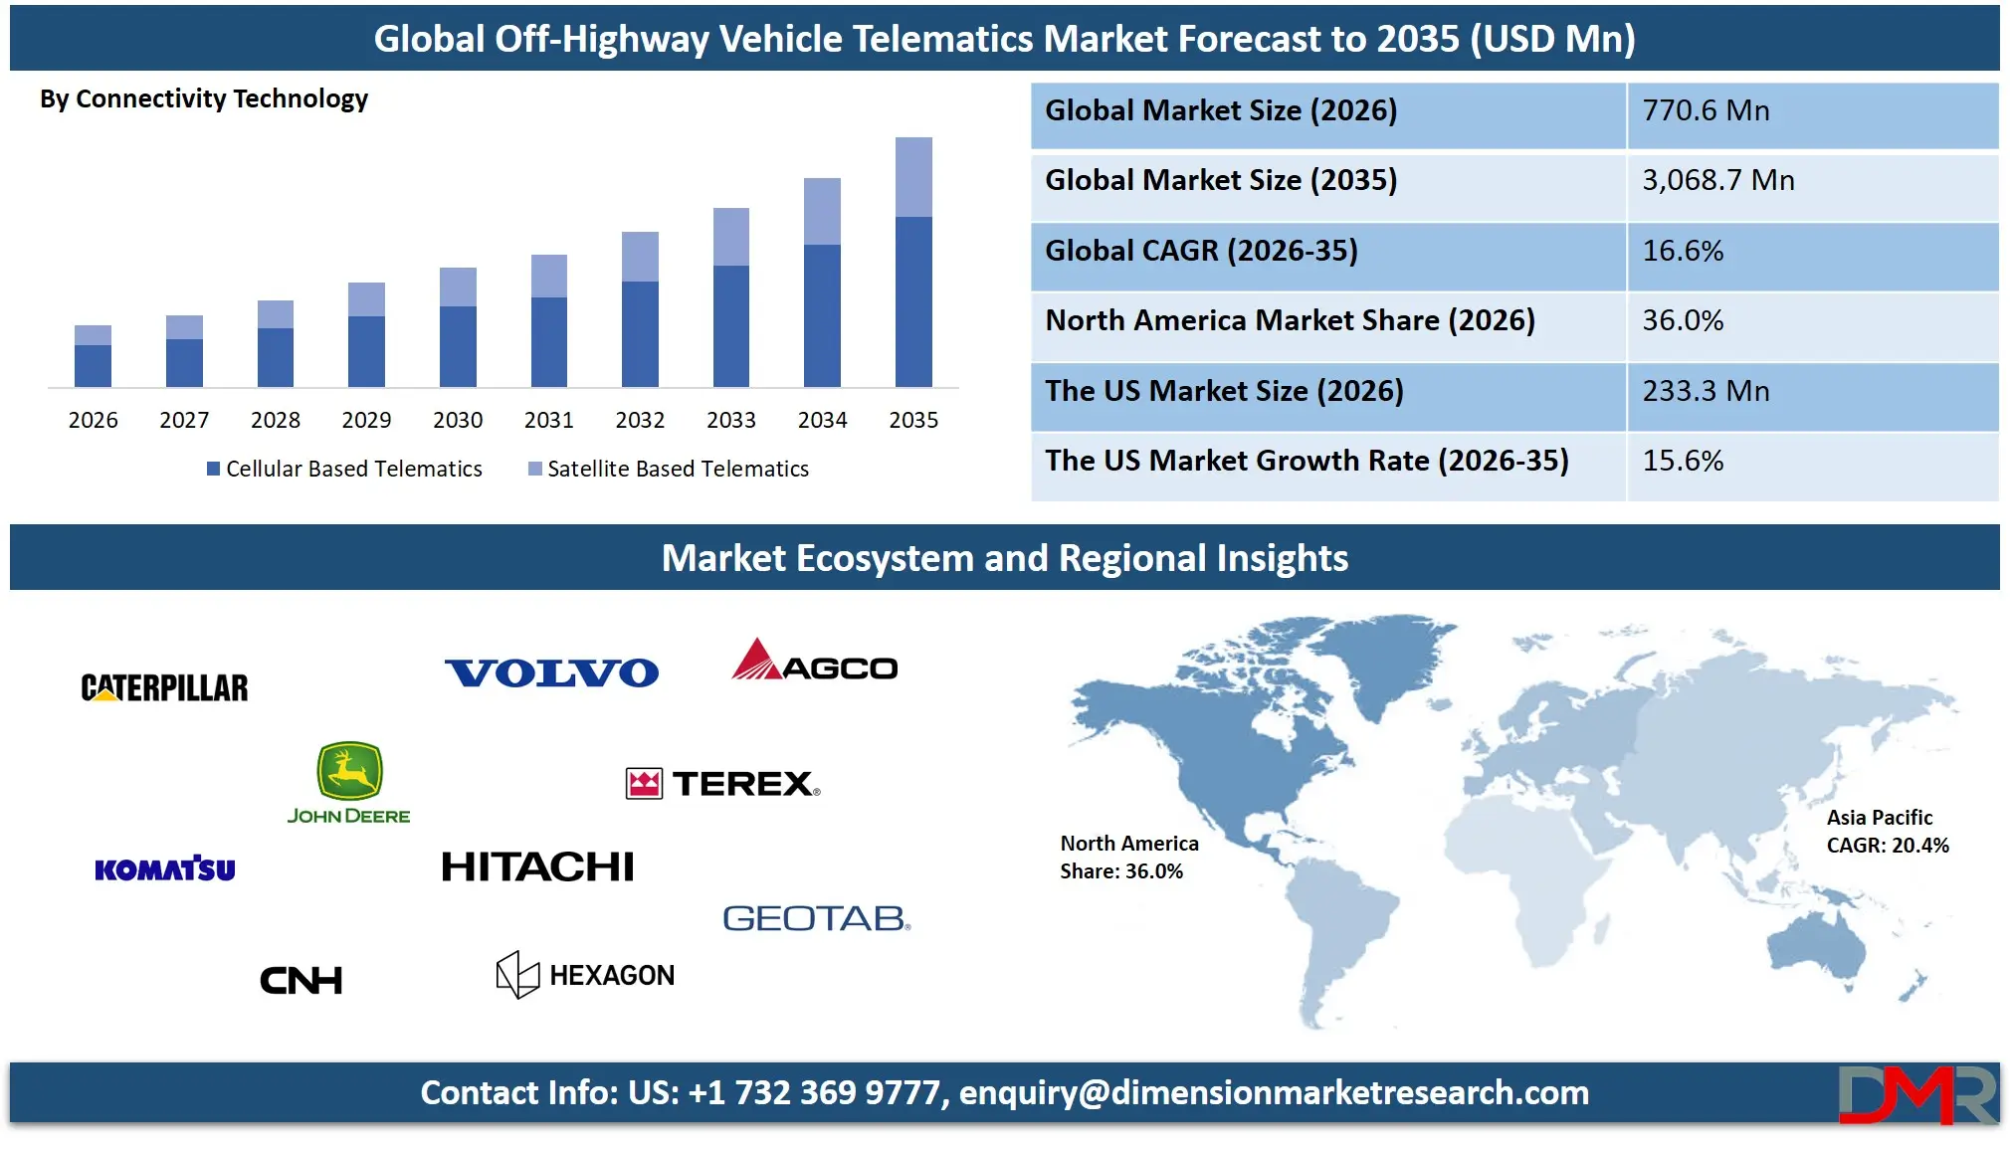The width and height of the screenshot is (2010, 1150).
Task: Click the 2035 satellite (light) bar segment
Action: point(913,177)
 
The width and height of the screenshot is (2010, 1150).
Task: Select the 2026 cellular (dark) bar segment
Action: point(93,366)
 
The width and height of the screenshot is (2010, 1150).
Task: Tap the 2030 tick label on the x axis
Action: point(458,420)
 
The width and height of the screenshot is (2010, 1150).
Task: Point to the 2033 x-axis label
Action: point(731,420)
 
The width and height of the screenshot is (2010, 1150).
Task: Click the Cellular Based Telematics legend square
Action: point(213,469)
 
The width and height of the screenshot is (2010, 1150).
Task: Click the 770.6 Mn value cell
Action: point(1706,110)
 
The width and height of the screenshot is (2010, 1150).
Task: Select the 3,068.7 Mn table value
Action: point(1718,180)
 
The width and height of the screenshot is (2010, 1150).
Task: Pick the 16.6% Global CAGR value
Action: point(1683,251)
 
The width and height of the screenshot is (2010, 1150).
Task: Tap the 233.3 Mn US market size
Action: point(1706,391)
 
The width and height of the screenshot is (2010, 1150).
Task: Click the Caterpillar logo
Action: point(165,687)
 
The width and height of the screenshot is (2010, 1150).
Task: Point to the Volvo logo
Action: point(551,673)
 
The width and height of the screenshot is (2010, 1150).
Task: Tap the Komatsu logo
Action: point(165,868)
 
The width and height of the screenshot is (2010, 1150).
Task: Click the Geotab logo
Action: point(816,918)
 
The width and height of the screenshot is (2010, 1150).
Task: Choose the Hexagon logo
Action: point(585,975)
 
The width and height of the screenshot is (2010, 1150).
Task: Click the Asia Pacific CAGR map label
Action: point(1887,832)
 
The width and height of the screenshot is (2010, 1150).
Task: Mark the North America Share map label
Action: point(1128,858)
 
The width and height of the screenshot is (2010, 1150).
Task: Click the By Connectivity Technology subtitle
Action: point(204,98)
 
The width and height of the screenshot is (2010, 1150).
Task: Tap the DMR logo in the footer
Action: point(1915,1094)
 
